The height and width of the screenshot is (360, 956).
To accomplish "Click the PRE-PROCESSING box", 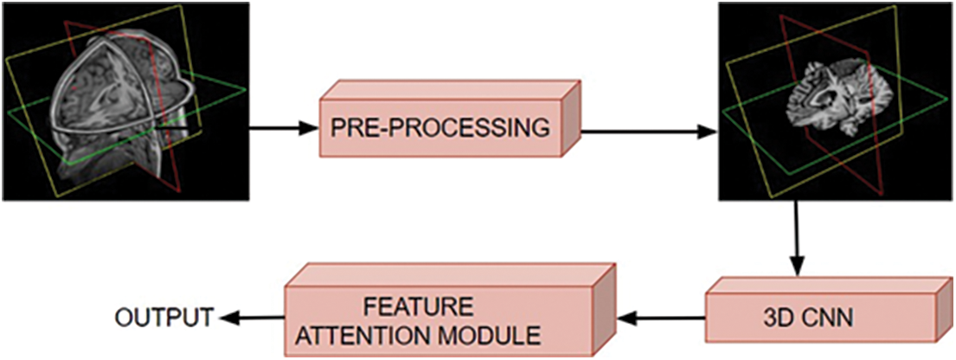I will pos(441,128).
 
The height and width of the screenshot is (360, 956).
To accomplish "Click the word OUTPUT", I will pos(164,318).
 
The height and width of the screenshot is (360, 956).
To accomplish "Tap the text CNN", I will pos(831,318).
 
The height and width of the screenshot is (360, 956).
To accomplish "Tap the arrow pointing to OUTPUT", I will pos(251,318).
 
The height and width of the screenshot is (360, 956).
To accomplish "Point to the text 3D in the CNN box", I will pos(787,318).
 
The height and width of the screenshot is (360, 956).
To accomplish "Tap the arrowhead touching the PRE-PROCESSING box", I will pos(310,129).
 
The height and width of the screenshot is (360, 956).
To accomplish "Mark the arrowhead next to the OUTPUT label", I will pos(227,318).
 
